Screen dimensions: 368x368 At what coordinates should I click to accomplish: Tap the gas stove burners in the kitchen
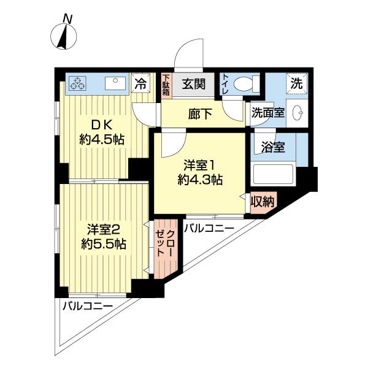click(79, 83)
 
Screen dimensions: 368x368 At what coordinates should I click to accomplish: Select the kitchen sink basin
click(114, 83)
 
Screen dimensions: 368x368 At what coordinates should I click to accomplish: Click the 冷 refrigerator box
click(140, 83)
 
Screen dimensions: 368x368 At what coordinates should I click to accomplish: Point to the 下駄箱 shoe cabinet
click(166, 83)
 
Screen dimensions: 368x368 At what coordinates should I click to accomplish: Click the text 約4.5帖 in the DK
click(102, 139)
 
